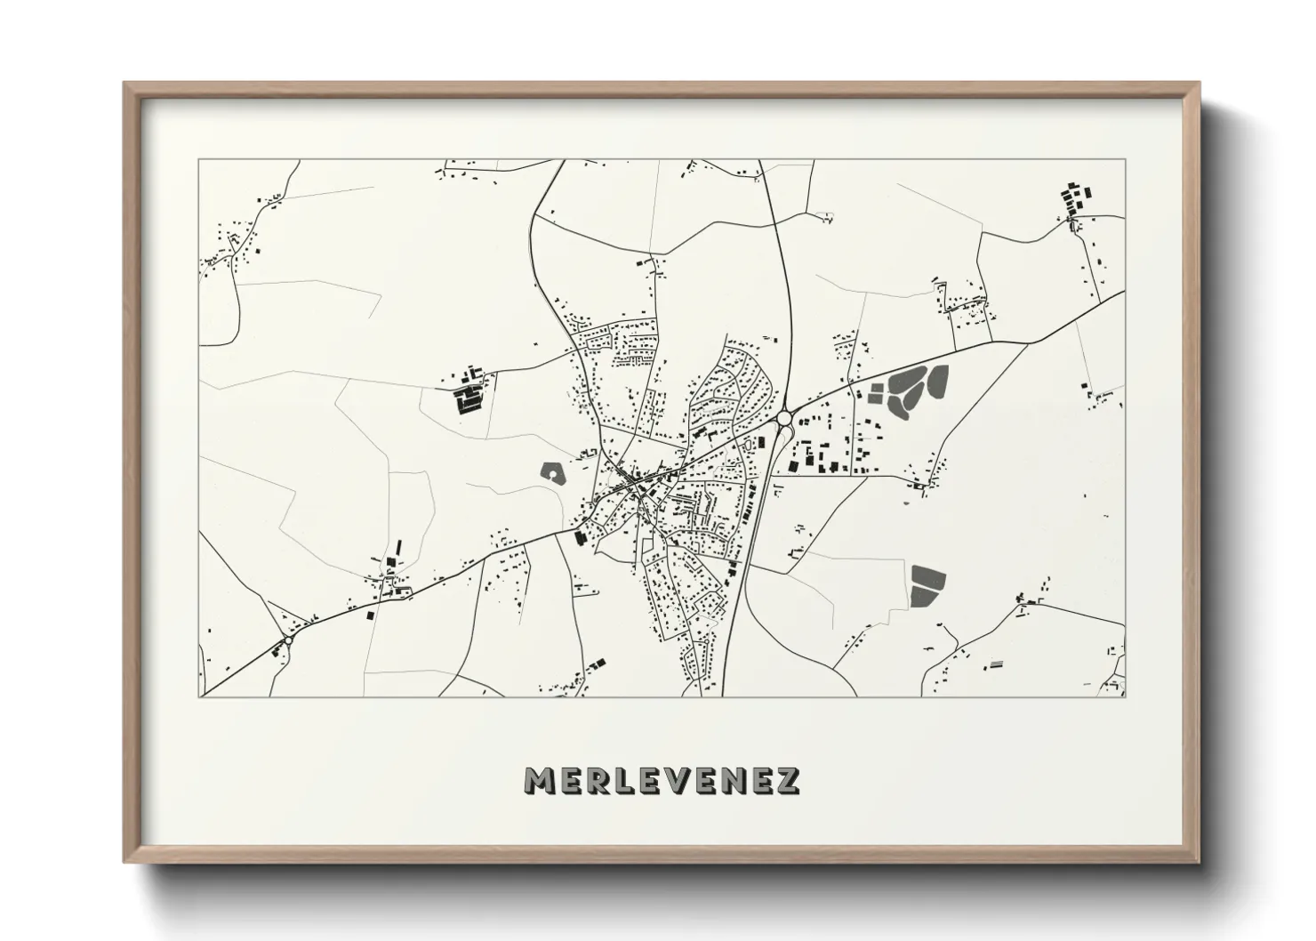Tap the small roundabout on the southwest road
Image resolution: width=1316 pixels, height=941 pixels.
tap(287, 639)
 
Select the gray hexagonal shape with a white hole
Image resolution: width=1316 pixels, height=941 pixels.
tap(553, 473)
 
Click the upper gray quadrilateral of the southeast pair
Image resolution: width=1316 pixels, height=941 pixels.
tap(927, 578)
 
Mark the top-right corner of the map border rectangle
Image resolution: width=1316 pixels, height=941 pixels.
tap(1125, 160)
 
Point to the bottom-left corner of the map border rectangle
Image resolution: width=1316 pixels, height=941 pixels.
tap(200, 696)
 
